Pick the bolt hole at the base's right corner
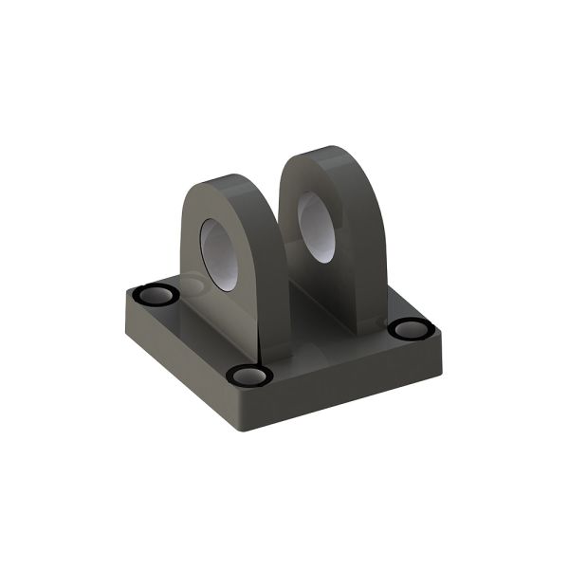pos(410,329)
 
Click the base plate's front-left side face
pos(180,365)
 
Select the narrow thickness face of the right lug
pos(365,256)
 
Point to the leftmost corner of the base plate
pos(122,302)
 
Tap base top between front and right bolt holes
pos(332,356)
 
